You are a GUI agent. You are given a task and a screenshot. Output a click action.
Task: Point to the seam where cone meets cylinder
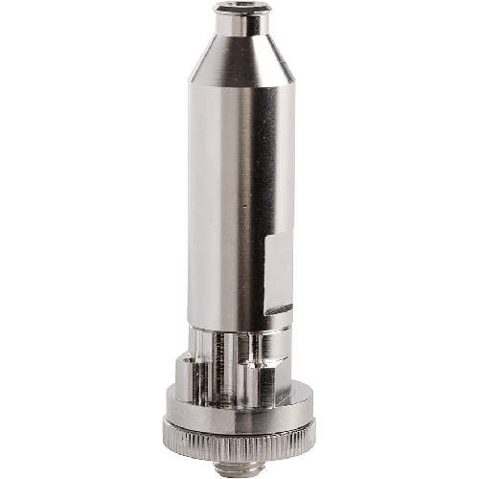(x=239, y=85)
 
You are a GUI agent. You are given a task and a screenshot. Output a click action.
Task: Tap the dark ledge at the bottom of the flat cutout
(x=278, y=309)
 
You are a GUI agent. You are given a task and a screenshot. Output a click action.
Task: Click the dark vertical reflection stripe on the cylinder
(x=251, y=192)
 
